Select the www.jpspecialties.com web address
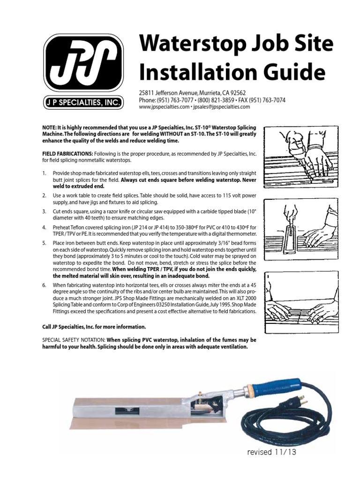[x=164, y=107]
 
